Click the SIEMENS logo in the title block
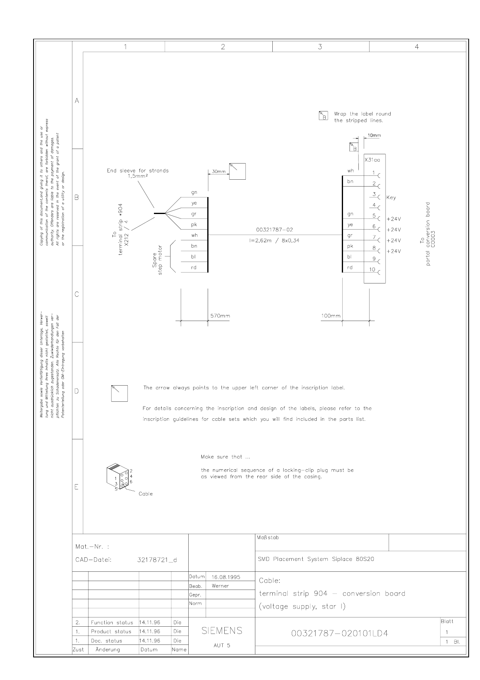(222, 630)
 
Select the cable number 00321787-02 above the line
(274, 230)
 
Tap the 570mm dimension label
(220, 316)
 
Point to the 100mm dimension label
(331, 316)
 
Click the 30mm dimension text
(219, 172)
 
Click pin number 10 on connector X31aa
(372, 270)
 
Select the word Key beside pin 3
(391, 197)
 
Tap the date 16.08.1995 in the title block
(226, 577)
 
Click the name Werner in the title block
(220, 586)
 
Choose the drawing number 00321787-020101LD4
(339, 633)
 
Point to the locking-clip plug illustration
(118, 477)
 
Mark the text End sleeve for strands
(138, 170)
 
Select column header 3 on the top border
(320, 46)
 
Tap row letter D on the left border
(77, 391)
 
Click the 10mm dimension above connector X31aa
(374, 136)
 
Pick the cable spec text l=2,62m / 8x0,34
(274, 241)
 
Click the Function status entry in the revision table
(112, 623)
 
